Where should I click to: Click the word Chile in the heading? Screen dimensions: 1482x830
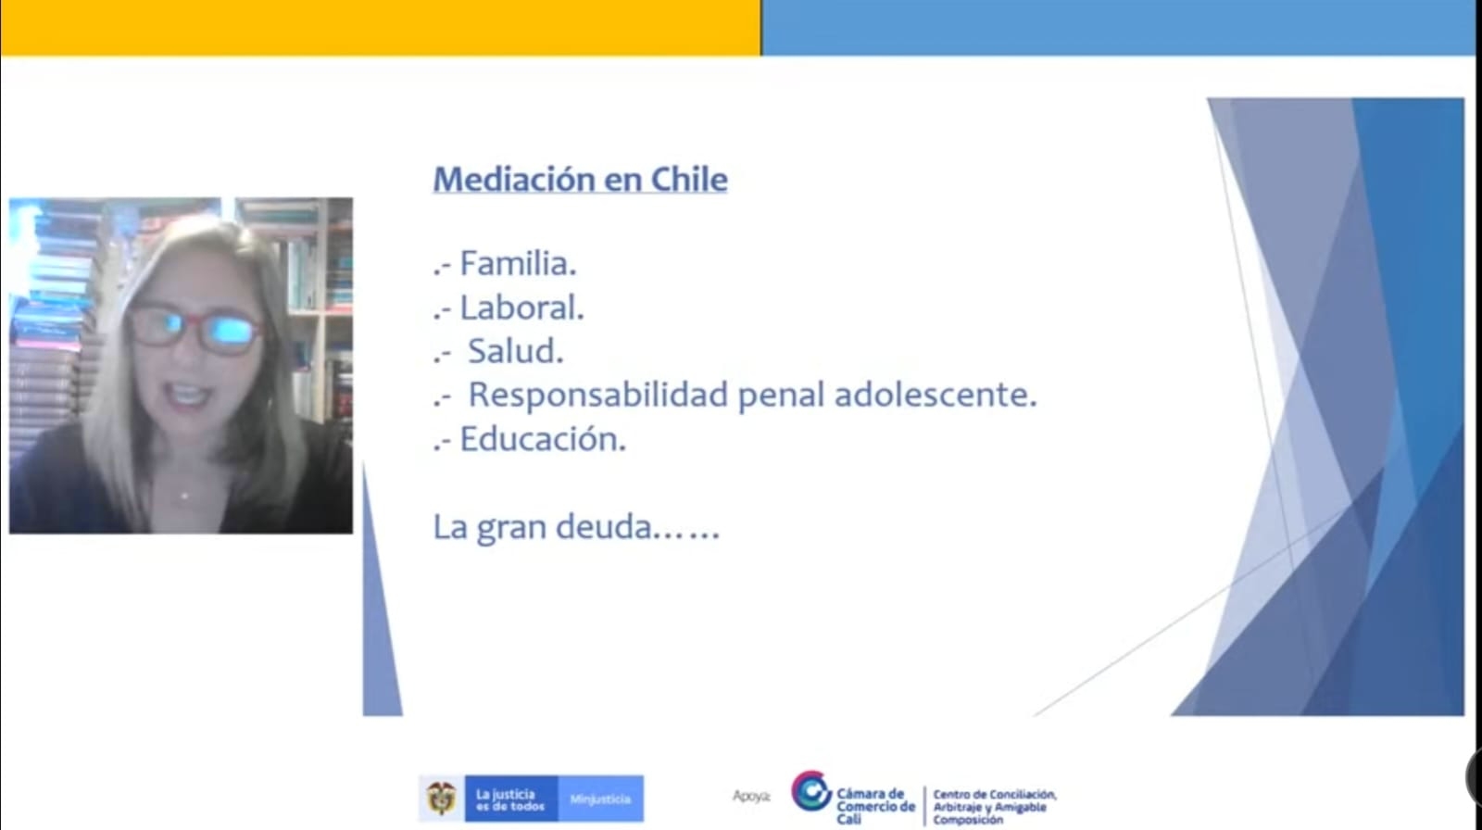click(689, 179)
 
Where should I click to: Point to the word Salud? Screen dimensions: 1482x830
click(516, 351)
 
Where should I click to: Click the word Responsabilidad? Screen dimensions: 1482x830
click(598, 396)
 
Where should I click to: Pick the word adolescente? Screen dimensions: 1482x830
click(935, 395)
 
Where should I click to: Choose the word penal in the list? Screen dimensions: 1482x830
click(782, 396)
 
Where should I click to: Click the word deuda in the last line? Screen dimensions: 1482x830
click(604, 527)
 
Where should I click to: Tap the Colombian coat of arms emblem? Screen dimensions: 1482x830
click(441, 799)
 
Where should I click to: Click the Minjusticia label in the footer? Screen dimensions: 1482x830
click(600, 799)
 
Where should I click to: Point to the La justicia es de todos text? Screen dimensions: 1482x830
click(510, 799)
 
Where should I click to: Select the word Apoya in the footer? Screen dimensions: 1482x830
click(751, 797)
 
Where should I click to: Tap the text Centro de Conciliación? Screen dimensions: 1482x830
click(995, 794)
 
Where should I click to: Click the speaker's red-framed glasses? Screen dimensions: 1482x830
click(194, 328)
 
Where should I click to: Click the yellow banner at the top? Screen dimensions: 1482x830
click(381, 27)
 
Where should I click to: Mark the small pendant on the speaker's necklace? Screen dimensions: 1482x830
click(184, 495)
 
